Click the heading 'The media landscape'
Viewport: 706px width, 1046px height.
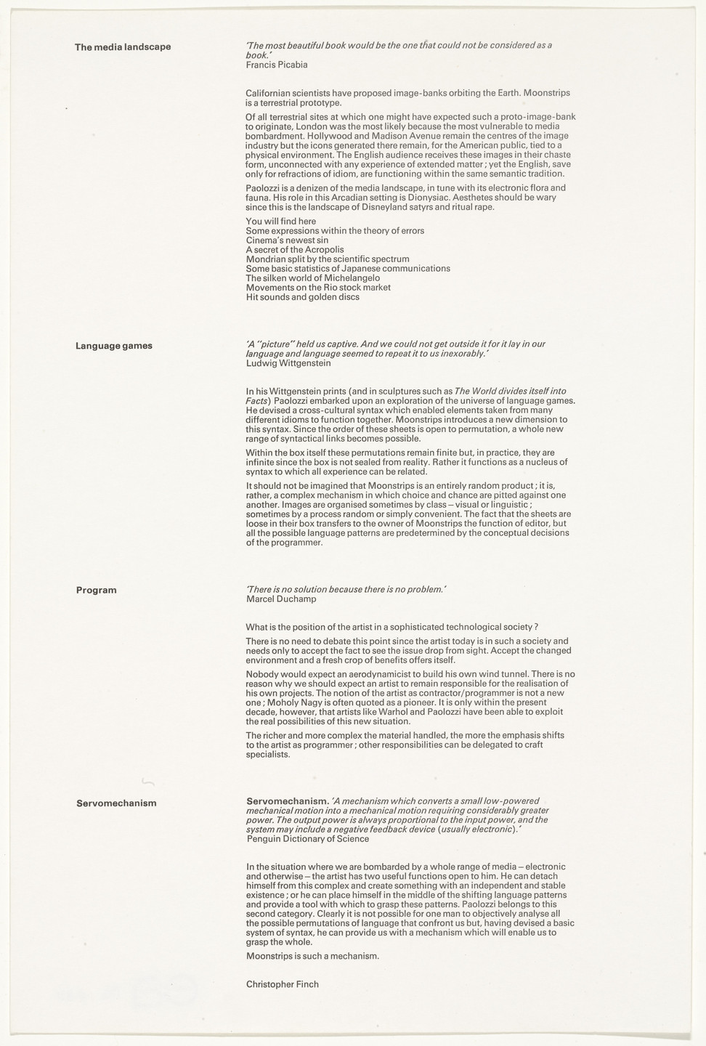tap(123, 47)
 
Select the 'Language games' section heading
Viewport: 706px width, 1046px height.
tap(114, 346)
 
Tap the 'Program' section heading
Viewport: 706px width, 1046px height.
tap(97, 591)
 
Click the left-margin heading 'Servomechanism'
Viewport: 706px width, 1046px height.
tap(116, 803)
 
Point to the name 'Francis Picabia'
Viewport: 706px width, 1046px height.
tap(277, 65)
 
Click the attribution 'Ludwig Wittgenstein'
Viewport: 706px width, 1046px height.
tap(289, 363)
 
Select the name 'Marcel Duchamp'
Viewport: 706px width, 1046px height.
tap(281, 599)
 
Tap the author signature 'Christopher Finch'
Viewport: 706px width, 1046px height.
tap(283, 984)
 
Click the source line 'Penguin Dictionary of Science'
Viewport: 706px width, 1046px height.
tap(308, 839)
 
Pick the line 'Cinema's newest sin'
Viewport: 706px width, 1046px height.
tap(287, 240)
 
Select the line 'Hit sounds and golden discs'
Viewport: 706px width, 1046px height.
tap(303, 297)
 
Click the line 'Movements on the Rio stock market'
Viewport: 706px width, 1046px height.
tap(318, 288)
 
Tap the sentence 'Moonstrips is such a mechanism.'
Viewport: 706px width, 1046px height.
tap(313, 956)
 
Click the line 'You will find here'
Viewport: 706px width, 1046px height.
tap(281, 222)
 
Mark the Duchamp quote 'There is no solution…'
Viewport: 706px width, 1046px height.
tap(346, 590)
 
